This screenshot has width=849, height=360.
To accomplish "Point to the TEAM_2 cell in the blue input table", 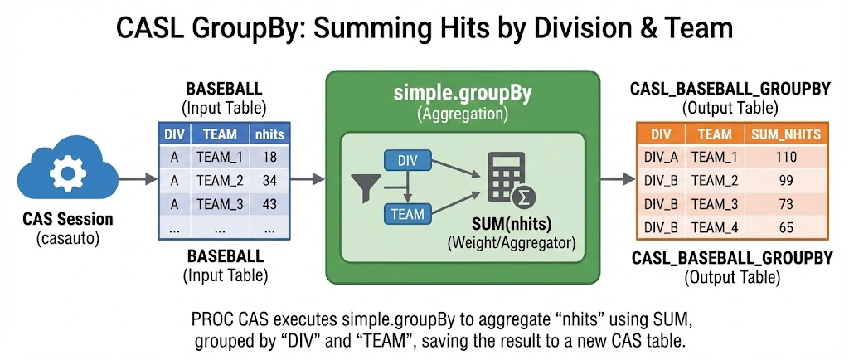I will tap(220, 179).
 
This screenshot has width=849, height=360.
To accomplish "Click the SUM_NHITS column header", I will tap(784, 134).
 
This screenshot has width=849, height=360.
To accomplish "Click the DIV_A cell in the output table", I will tap(660, 156).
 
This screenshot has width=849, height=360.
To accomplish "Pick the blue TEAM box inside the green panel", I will tap(408, 214).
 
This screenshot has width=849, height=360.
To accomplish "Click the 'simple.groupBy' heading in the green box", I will tap(462, 93).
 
